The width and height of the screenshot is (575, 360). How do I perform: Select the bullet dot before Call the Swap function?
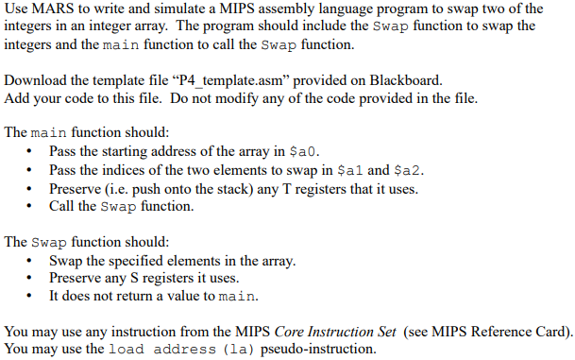coord(34,206)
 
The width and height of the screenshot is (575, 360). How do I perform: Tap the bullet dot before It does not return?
coord(34,296)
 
